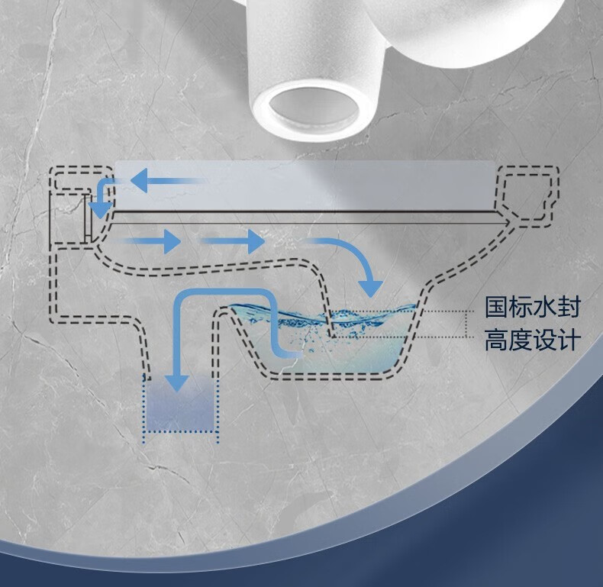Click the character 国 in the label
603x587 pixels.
point(497,308)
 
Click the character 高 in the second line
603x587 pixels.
point(497,340)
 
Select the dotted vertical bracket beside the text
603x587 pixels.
point(466,324)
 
